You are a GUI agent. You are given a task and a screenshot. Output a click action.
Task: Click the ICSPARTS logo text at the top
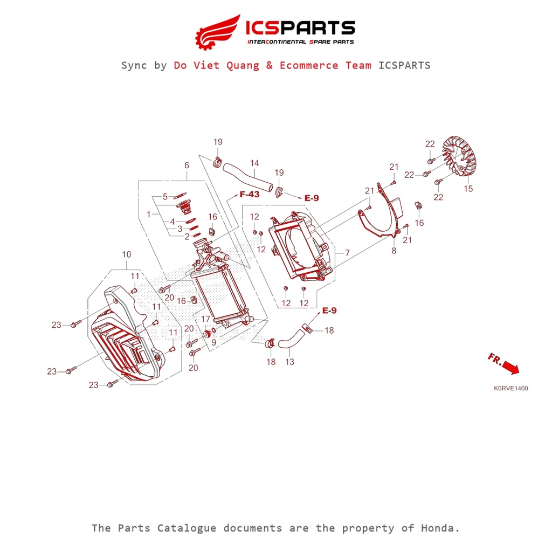click(x=300, y=28)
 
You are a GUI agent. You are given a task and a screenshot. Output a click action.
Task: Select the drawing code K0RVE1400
click(x=510, y=388)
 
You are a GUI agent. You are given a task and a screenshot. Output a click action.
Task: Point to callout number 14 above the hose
click(x=254, y=163)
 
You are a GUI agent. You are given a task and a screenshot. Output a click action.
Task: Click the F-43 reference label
click(x=250, y=194)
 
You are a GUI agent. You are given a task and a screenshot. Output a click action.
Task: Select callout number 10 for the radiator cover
click(x=127, y=254)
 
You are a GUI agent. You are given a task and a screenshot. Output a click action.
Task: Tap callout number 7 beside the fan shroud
click(x=347, y=252)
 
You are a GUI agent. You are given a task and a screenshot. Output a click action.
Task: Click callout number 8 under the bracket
click(x=394, y=251)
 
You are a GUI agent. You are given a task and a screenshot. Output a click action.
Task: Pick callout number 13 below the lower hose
click(x=289, y=362)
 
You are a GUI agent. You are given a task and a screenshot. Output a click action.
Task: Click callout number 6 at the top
click(x=187, y=165)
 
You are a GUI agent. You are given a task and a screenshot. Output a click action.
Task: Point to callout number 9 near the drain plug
click(x=213, y=342)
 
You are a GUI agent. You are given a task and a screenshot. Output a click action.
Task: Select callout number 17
click(x=205, y=320)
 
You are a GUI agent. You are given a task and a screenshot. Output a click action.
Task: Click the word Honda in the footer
click(x=441, y=528)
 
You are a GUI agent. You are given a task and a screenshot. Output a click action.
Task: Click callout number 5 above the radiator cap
click(x=165, y=196)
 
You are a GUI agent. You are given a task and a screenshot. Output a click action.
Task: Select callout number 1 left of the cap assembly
click(x=149, y=214)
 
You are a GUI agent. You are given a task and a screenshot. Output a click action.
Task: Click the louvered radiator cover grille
click(x=121, y=345)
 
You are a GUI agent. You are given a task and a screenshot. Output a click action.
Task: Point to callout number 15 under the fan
click(x=468, y=189)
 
